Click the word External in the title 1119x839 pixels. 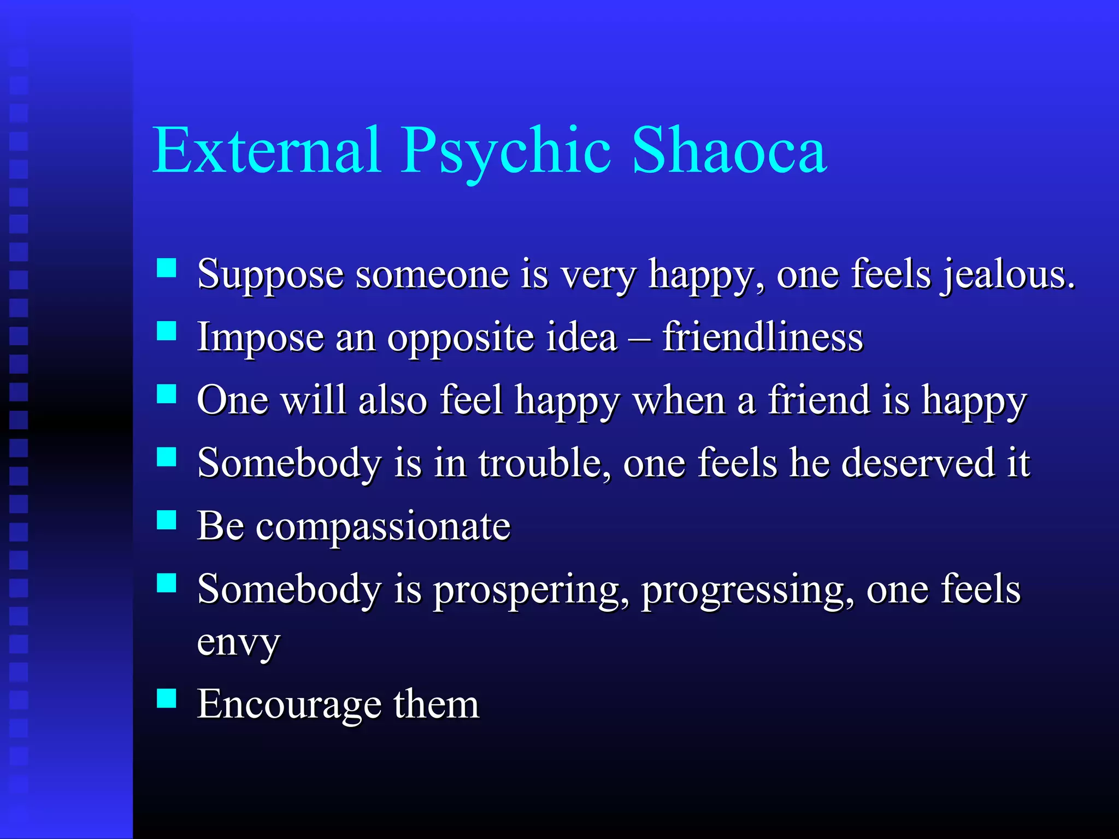click(267, 150)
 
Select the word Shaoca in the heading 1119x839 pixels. click(729, 150)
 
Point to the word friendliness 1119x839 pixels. click(762, 337)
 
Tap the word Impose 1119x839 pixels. click(260, 337)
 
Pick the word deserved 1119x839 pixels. click(918, 463)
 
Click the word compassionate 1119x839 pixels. click(383, 527)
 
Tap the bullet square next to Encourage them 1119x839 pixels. click(166, 698)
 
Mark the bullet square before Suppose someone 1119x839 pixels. click(166, 268)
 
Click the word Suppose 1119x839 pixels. click(270, 274)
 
